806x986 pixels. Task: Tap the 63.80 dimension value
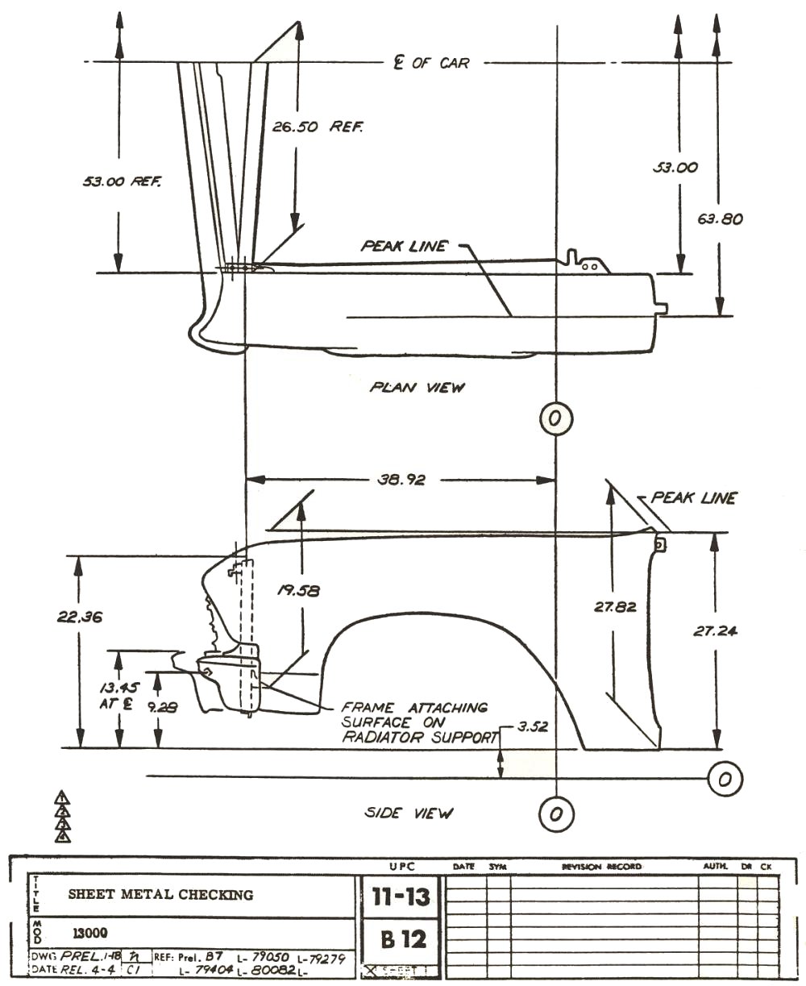[x=720, y=218]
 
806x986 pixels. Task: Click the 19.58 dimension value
[x=298, y=590]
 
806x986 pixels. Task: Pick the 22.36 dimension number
[x=79, y=617]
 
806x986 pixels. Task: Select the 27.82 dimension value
[x=615, y=606]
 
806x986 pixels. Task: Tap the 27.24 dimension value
[x=715, y=631]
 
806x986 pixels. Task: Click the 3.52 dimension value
[x=532, y=726]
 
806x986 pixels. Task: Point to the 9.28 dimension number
[x=162, y=707]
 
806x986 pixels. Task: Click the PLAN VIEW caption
[x=418, y=387]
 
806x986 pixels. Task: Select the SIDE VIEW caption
[x=409, y=813]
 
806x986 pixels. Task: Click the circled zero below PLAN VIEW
[x=555, y=418]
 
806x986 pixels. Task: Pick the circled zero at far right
[x=724, y=779]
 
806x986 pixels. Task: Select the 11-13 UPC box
[x=400, y=897]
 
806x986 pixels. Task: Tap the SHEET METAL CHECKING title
[x=160, y=894]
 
